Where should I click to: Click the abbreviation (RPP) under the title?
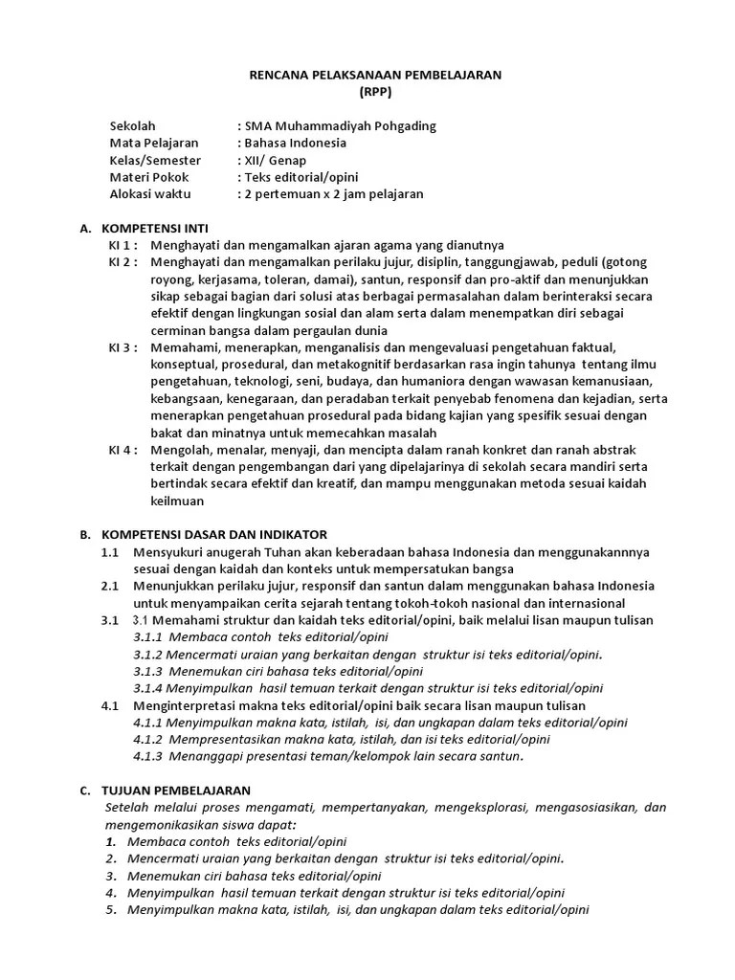point(375,92)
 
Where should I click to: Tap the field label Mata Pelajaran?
point(154,144)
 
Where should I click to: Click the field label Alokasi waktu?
point(150,194)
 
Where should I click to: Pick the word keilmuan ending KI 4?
point(176,500)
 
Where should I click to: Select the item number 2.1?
point(109,586)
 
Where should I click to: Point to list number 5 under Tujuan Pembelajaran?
point(110,909)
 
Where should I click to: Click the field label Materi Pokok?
point(149,177)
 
